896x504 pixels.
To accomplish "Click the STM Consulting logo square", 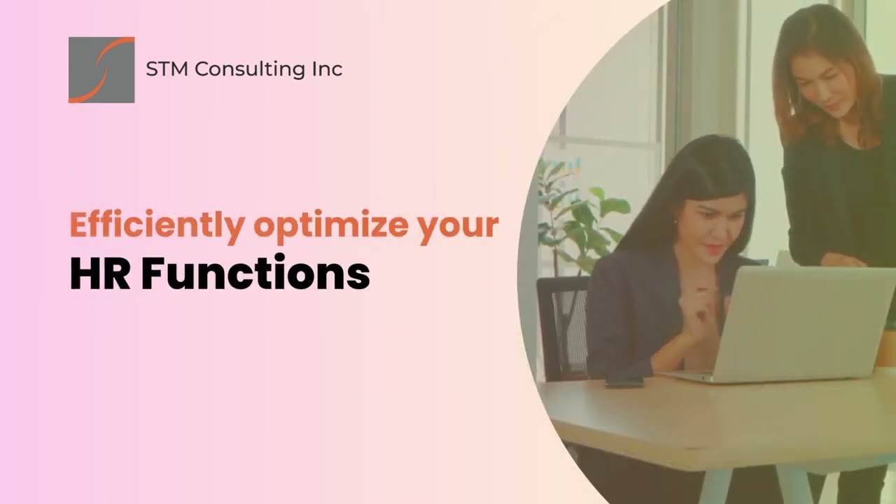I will coord(101,70).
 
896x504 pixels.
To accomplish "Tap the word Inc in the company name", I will coord(327,69).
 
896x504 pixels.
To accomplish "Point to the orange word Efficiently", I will coord(157,226).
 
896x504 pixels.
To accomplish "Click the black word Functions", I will coord(255,274).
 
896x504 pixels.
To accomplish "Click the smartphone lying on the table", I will coord(624,382).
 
